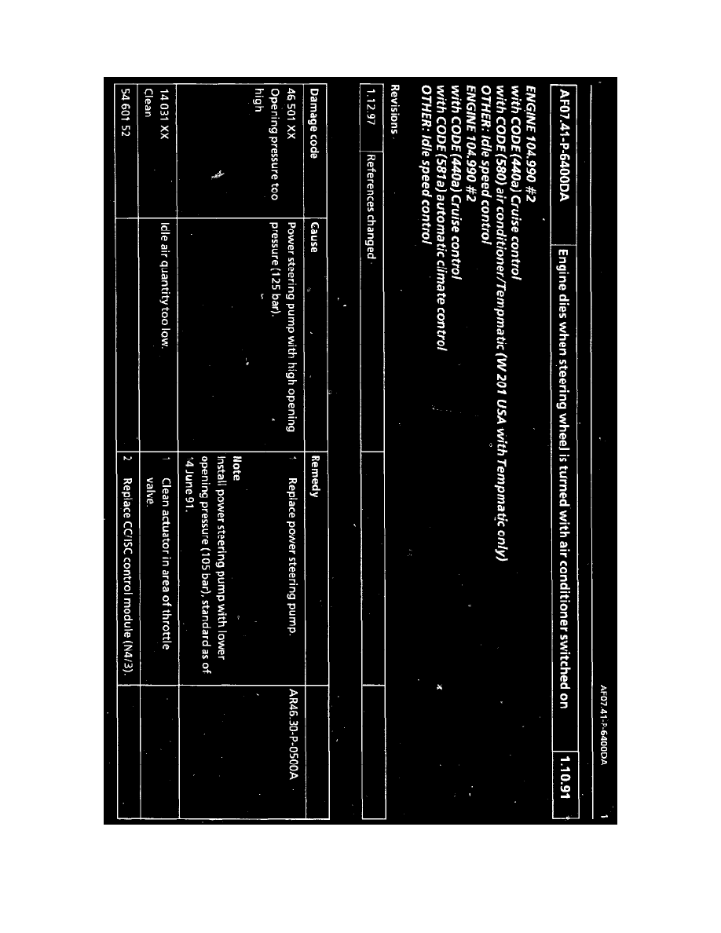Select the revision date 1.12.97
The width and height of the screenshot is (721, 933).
[372, 117]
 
